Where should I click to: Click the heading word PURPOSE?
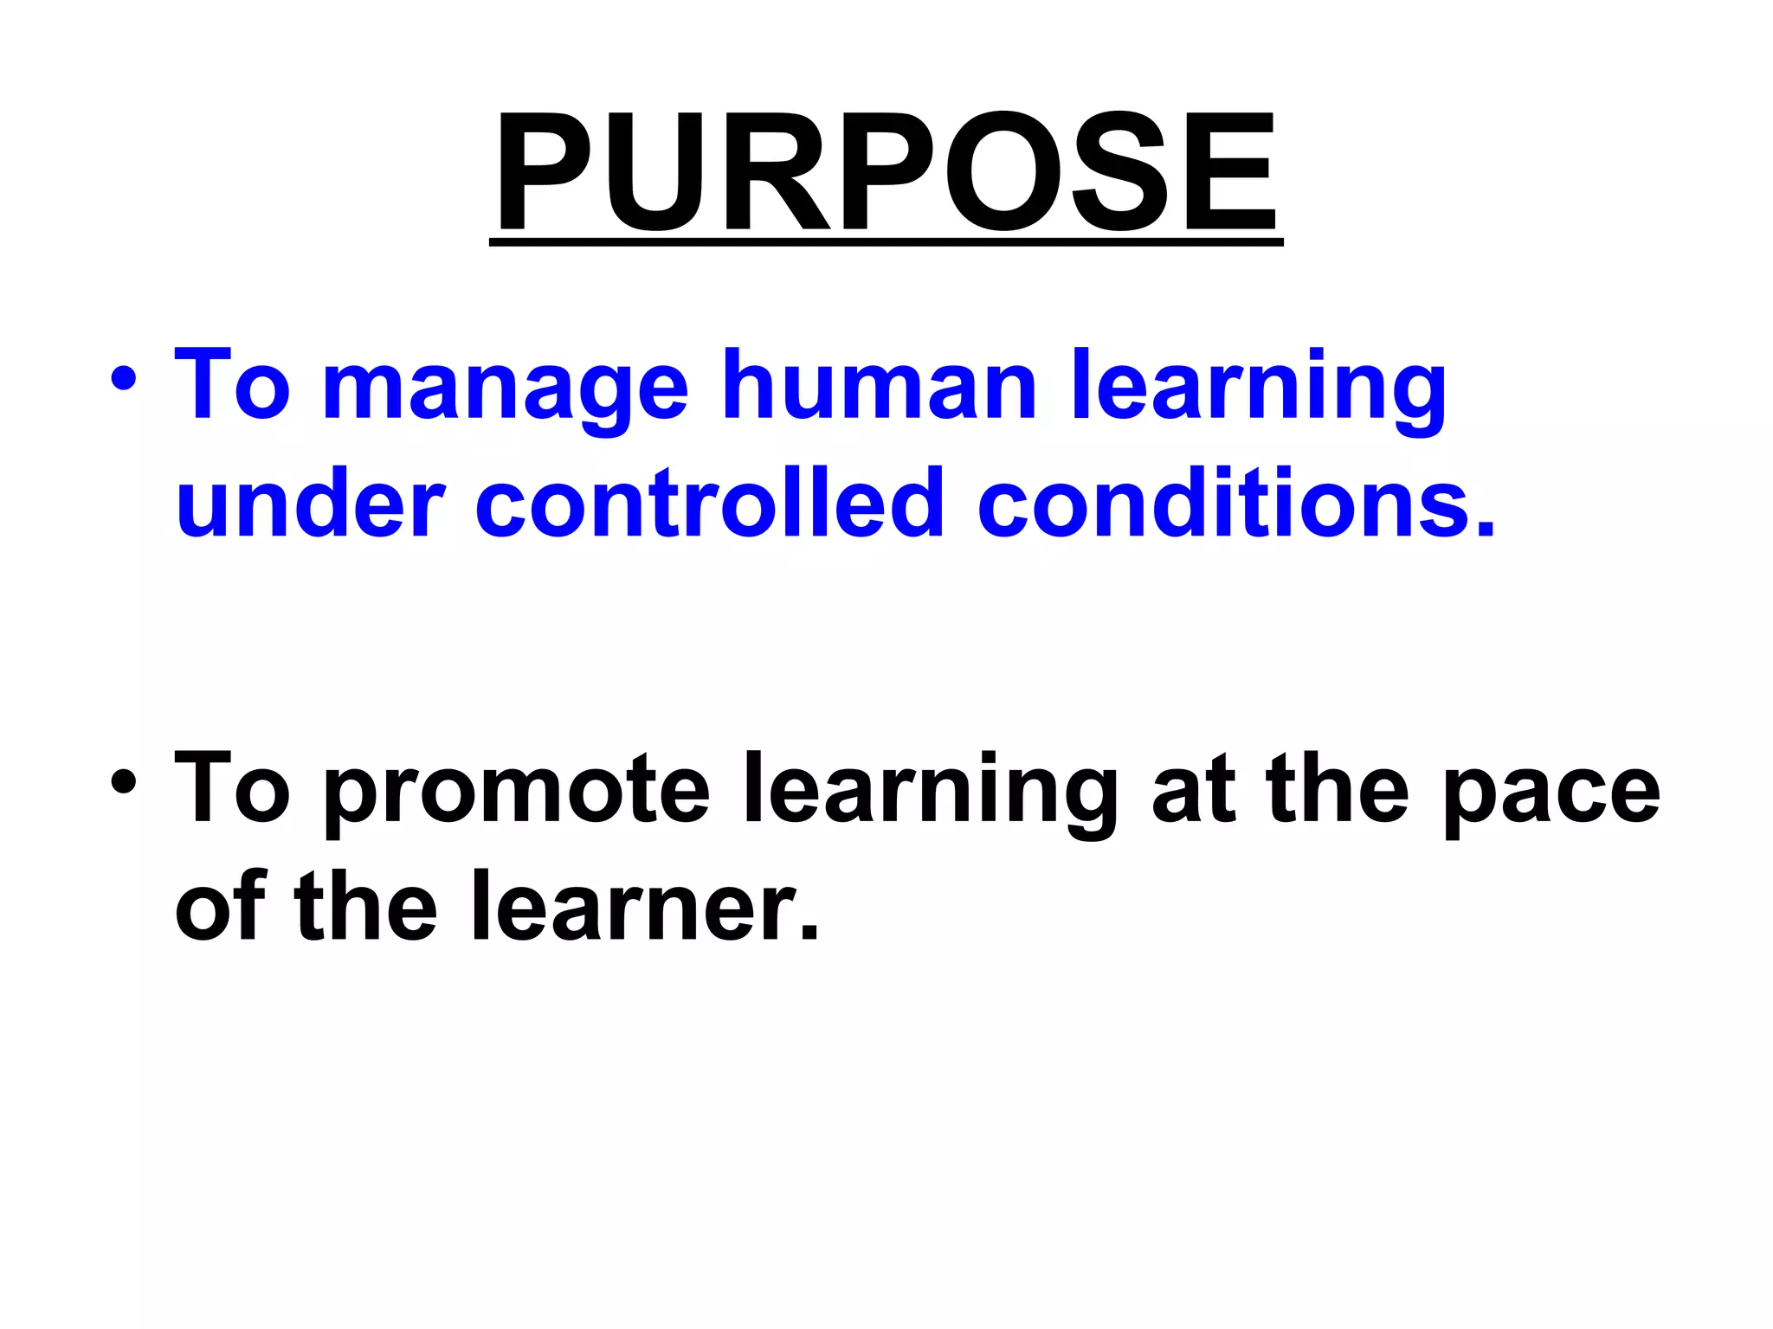pos(885,173)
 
